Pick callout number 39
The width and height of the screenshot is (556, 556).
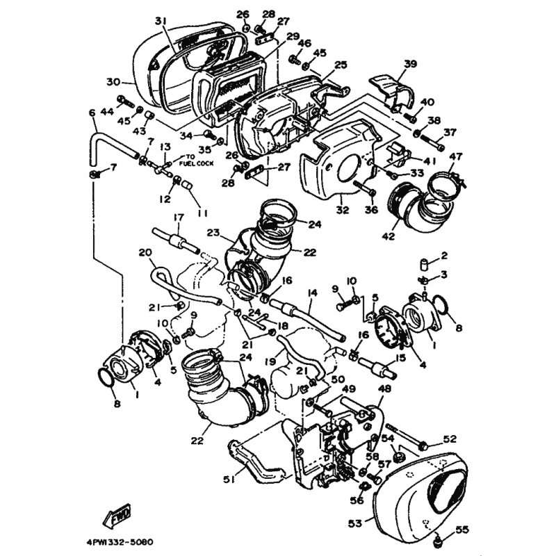pyautogui.click(x=410, y=65)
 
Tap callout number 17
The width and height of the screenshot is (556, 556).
pyautogui.click(x=178, y=217)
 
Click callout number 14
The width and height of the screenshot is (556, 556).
pyautogui.click(x=311, y=294)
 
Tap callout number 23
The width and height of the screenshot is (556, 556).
pyautogui.click(x=213, y=234)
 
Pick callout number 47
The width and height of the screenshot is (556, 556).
pyautogui.click(x=456, y=156)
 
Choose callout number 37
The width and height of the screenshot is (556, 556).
pyautogui.click(x=450, y=132)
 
